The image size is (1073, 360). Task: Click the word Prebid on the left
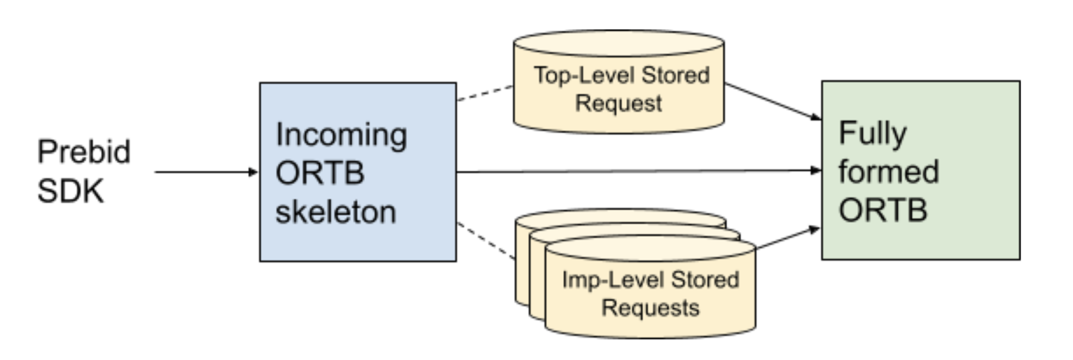[83, 153]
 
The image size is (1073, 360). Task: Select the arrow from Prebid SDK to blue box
[203, 172]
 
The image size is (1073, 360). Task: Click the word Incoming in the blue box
[341, 135]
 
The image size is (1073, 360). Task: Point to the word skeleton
[335, 212]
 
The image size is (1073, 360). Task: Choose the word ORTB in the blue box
[320, 173]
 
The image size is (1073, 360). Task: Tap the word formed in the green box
[889, 172]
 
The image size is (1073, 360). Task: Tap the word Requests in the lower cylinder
[651, 307]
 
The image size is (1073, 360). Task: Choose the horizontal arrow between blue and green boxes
[637, 171]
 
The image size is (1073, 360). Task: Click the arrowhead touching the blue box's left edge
[254, 172]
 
